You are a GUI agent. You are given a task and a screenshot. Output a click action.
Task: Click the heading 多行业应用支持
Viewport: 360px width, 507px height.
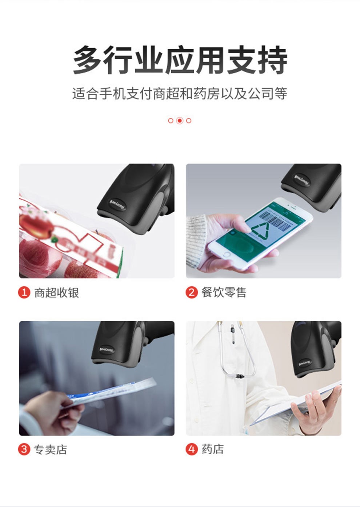pos(180,60)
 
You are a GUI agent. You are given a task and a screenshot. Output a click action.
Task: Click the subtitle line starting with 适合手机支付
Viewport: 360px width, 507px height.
pos(180,94)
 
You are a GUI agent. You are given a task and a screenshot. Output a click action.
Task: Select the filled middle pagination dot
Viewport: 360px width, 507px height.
pos(180,121)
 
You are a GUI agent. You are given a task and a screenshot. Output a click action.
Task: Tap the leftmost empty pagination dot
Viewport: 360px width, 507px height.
pos(171,121)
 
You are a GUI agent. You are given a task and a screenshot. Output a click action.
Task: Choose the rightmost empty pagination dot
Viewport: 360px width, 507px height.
pos(189,121)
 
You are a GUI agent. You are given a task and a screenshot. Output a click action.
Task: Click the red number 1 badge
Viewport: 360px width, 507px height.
pos(24,292)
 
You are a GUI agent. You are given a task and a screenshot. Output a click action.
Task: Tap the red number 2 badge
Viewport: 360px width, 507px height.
pos(191,292)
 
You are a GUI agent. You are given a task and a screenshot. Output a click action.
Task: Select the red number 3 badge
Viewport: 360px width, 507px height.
pos(24,449)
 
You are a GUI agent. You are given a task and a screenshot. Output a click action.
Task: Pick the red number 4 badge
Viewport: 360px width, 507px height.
pos(191,449)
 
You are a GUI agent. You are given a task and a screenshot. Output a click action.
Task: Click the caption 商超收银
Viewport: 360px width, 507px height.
pos(56,293)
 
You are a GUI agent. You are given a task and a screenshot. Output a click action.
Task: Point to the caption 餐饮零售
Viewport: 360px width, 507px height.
pos(224,293)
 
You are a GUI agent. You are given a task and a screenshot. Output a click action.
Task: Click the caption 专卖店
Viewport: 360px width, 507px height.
pos(51,450)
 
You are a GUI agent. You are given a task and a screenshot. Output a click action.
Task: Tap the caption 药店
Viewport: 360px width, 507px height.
pos(213,449)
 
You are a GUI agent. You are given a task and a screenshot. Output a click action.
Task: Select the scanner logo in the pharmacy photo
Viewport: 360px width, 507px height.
pos(305,362)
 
